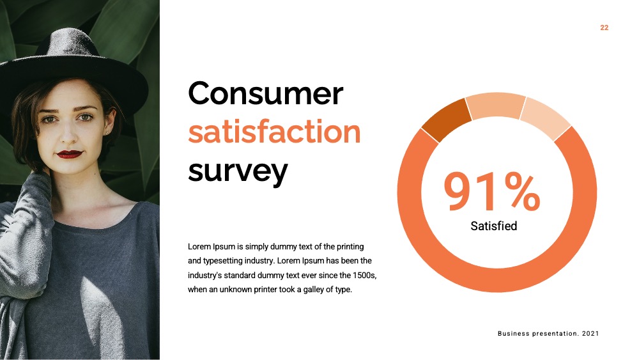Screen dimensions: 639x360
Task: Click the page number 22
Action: click(x=604, y=27)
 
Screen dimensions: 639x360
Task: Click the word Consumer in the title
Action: click(x=265, y=93)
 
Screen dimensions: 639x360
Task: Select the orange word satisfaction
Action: click(x=274, y=132)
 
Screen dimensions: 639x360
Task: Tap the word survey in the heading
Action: click(x=238, y=171)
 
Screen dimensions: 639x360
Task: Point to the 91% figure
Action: click(x=492, y=191)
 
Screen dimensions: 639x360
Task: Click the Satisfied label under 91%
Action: click(x=493, y=226)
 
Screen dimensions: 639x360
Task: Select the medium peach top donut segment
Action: click(x=496, y=106)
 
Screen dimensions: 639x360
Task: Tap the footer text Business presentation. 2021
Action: click(x=548, y=334)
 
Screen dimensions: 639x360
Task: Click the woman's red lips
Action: click(x=69, y=154)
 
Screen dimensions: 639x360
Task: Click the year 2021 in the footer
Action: click(x=590, y=334)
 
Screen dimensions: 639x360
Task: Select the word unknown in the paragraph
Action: click(x=236, y=290)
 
